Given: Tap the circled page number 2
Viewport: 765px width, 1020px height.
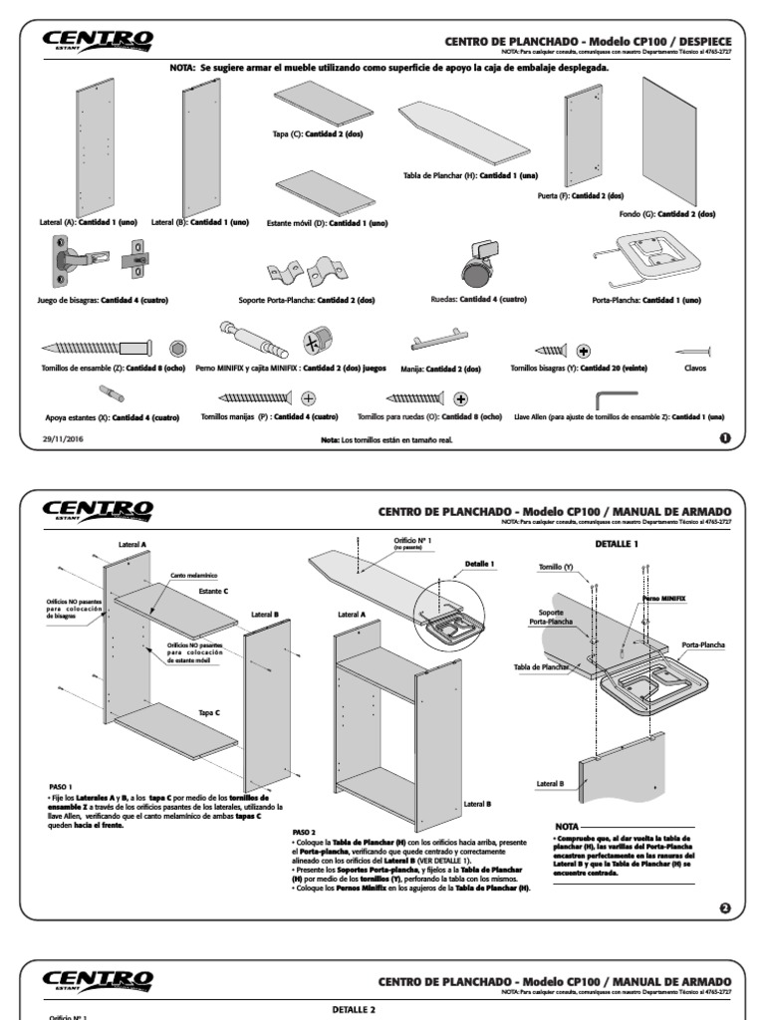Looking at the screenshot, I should (724, 907).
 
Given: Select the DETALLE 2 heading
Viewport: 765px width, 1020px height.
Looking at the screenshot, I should (353, 1009).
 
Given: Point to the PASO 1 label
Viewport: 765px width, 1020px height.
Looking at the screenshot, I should (60, 787).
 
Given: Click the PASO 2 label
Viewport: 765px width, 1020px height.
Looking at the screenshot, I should (304, 831).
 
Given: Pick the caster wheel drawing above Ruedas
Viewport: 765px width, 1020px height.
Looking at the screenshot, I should (476, 262).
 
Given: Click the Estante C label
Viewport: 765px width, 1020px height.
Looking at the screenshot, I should (212, 591).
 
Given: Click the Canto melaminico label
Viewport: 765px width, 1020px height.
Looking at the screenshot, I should (192, 575).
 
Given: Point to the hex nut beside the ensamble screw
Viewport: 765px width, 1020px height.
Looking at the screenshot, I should (177, 349).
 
